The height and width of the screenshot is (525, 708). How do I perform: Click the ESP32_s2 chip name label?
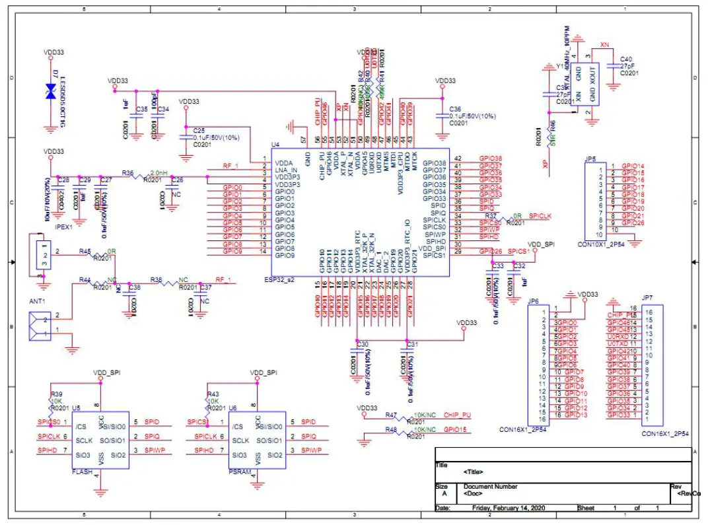pyautogui.click(x=279, y=280)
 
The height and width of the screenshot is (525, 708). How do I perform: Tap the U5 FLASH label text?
pyautogui.click(x=81, y=472)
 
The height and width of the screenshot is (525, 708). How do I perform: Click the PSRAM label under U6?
pyautogui.click(x=237, y=472)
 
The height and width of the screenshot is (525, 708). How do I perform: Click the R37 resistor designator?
pyautogui.click(x=491, y=216)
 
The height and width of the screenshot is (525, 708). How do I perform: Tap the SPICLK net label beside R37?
pyautogui.click(x=540, y=216)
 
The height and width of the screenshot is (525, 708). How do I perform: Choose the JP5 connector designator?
pyautogui.click(x=590, y=159)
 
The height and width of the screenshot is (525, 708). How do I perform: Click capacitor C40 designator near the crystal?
pyautogui.click(x=626, y=59)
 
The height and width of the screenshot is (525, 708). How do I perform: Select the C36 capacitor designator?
pyautogui.click(x=455, y=109)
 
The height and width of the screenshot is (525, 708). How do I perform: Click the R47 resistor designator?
pyautogui.click(x=391, y=415)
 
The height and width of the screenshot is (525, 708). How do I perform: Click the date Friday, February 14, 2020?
pyautogui.click(x=509, y=508)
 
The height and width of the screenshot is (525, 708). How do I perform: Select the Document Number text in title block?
pyautogui.click(x=491, y=487)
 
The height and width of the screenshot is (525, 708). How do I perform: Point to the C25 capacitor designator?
pyautogui.click(x=199, y=130)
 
